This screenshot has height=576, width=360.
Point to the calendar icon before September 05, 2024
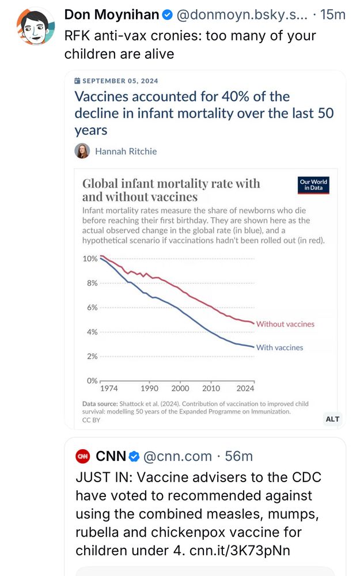coord(78,81)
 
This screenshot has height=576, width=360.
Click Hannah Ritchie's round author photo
coord(82,151)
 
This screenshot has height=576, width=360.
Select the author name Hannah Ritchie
coord(126,151)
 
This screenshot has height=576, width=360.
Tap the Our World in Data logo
coord(313,185)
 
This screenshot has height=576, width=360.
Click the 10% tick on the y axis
coord(90,259)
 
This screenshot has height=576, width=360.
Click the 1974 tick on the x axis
coord(105,388)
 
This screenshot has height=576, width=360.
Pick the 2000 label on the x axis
coord(180,388)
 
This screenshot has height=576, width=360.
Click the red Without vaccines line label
coord(285,324)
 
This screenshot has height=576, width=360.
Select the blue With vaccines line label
coord(279,348)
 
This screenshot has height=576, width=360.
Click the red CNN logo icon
coord(83,456)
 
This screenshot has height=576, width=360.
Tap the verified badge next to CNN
coord(134,457)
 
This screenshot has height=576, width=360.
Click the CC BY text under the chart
coord(92,420)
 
